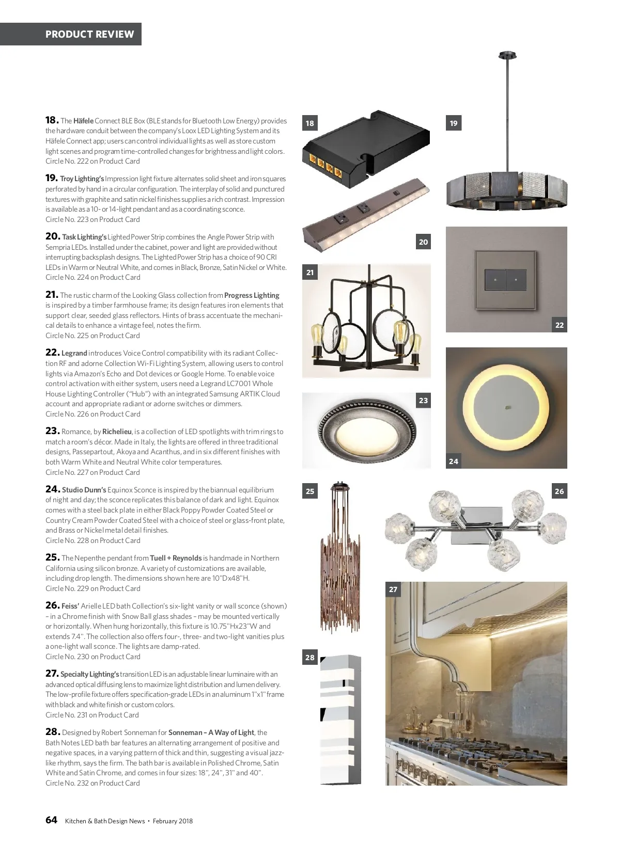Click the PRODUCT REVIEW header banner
coord(89,34)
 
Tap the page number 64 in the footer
coord(51,820)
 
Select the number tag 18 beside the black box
coord(309,123)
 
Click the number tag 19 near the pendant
coord(453,123)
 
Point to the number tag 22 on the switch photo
coord(559,325)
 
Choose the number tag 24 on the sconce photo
coord(453,461)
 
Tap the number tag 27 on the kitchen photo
coord(393,589)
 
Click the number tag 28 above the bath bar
coord(309,657)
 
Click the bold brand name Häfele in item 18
coord(83,121)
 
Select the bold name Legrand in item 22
coord(74,354)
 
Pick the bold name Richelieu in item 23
coord(117,432)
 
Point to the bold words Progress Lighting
coord(252,295)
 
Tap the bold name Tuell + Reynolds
coord(176,558)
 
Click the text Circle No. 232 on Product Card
coord(92,783)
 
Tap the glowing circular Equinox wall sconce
coord(506,408)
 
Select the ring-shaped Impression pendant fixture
coord(506,191)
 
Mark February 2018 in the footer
coord(173,821)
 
